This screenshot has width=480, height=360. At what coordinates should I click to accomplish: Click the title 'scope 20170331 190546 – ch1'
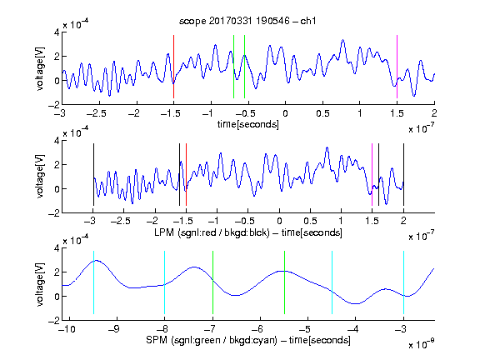click(x=247, y=21)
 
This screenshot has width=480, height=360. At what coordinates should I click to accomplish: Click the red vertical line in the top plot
click(x=173, y=67)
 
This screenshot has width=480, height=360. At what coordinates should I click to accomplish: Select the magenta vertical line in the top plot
click(x=397, y=67)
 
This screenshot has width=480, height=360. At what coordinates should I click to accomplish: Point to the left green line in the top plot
click(x=233, y=67)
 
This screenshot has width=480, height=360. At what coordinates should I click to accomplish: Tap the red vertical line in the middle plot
click(x=186, y=174)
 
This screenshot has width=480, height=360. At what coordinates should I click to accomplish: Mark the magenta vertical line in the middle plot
click(x=372, y=174)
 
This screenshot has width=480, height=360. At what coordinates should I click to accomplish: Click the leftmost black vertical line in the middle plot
click(x=93, y=174)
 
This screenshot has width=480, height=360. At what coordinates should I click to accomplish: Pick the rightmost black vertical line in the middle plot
click(x=403, y=174)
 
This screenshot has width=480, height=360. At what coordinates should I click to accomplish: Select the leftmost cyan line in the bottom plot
click(x=93, y=282)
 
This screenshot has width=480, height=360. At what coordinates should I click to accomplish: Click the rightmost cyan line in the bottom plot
click(x=403, y=282)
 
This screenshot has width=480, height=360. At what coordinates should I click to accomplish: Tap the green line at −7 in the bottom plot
click(x=212, y=282)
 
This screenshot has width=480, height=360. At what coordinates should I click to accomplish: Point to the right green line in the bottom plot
click(x=284, y=282)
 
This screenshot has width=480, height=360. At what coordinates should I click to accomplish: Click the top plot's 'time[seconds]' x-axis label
click(x=248, y=124)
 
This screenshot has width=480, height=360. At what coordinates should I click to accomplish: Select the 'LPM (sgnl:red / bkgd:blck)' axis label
click(x=212, y=232)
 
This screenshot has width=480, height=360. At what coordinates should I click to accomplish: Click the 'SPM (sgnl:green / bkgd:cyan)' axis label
click(x=212, y=340)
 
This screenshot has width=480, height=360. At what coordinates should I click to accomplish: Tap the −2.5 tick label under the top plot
click(x=96, y=113)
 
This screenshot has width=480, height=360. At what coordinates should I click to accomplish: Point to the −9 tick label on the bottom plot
click(x=114, y=329)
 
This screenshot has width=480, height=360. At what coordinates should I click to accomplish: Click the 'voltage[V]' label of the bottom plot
click(x=40, y=284)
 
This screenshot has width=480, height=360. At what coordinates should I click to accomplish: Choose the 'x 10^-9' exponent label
click(x=422, y=343)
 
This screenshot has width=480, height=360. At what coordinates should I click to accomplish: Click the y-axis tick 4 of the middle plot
click(x=57, y=141)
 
